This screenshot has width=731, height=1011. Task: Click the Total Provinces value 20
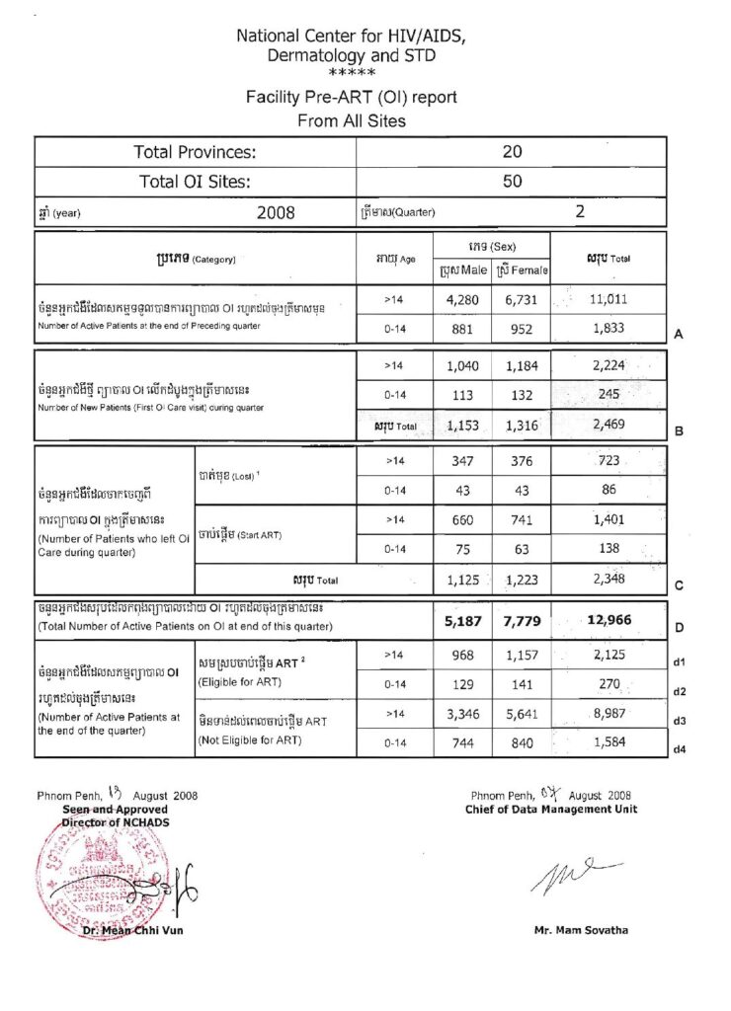513,152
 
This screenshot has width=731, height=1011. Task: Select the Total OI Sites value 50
513,182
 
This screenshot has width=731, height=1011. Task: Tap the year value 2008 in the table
276,212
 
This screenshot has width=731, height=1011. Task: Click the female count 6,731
521,298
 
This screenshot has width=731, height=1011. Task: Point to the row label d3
679,721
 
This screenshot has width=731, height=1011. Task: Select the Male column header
462,270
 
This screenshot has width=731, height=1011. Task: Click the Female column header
522,270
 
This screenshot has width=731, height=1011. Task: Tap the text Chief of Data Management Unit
551,810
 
